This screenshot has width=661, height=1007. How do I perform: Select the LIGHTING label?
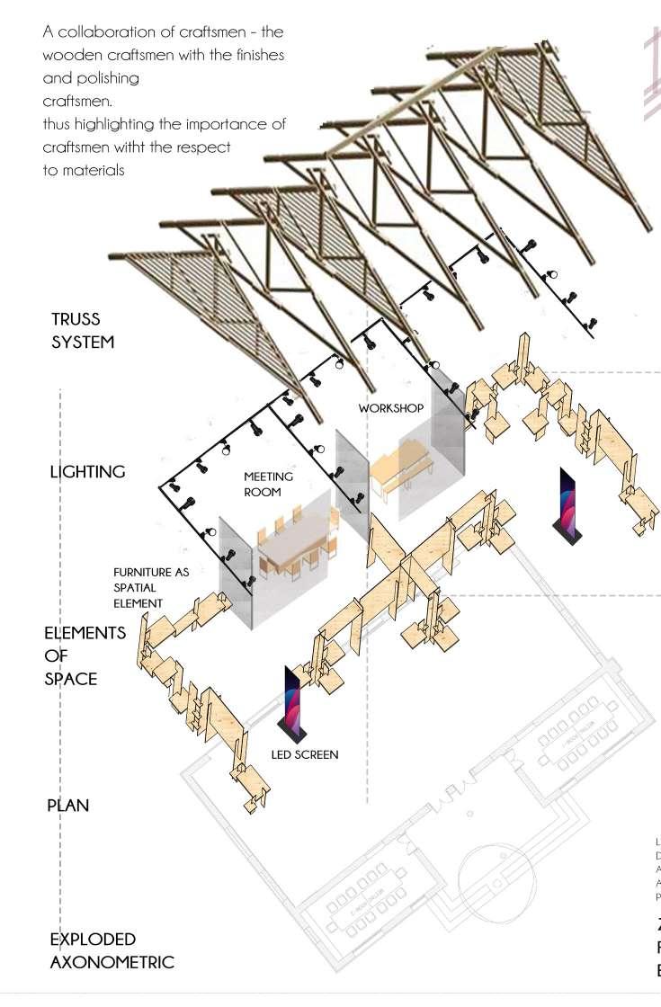(x=87, y=472)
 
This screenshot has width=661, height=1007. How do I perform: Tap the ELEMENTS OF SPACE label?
(x=85, y=655)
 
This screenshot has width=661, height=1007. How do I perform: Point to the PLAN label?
(x=68, y=806)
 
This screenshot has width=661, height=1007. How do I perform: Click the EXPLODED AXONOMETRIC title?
(x=111, y=950)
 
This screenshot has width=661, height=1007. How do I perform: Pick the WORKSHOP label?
(x=390, y=408)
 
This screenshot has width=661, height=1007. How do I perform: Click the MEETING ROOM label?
(x=263, y=485)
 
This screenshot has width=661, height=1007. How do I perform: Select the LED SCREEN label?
(x=305, y=754)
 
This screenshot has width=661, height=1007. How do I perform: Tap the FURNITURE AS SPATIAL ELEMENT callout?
(x=151, y=587)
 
